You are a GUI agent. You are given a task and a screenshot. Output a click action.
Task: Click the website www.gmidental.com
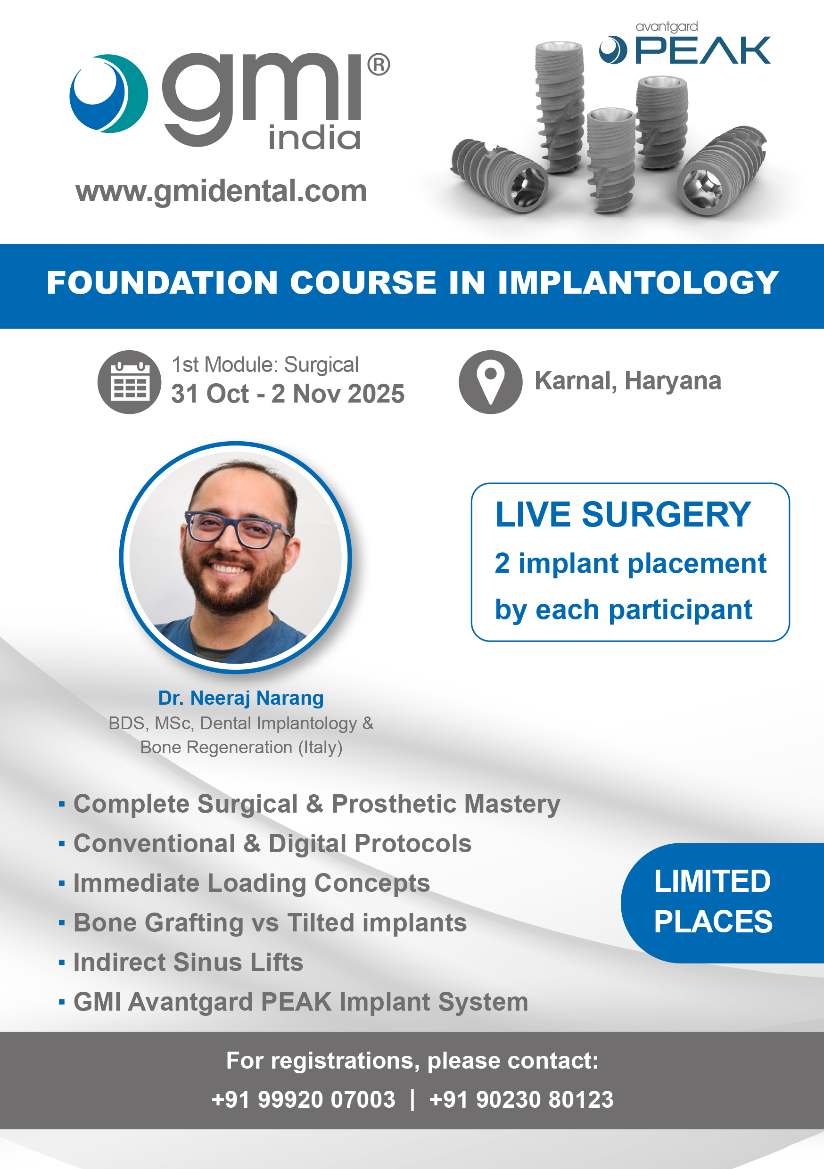point(221,191)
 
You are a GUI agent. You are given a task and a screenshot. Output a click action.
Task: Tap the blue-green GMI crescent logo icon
point(108,94)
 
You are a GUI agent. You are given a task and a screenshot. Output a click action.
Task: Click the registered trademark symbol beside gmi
point(379,65)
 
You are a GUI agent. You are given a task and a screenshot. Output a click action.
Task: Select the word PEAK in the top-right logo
point(703,50)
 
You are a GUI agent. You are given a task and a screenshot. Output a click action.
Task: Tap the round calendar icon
point(129,382)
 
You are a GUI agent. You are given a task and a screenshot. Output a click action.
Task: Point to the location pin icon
point(490,382)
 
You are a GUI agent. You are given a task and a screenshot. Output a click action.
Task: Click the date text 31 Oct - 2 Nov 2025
point(288,394)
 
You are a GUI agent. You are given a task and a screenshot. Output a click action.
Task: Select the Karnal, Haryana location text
point(628,381)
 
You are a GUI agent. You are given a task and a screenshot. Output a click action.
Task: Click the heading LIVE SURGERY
point(623,514)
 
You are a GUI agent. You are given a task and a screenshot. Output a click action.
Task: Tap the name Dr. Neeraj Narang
point(241,698)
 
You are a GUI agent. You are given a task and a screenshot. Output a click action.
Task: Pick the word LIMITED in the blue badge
point(712,881)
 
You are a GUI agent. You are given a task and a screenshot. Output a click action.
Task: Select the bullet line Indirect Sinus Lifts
point(189,962)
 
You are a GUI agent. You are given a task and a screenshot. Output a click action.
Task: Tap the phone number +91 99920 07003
point(304,1099)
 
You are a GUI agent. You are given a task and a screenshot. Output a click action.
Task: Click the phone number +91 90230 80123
point(521,1099)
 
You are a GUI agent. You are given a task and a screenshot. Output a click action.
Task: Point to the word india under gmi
point(315,138)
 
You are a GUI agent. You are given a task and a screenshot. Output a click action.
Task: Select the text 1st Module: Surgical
point(265,364)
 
